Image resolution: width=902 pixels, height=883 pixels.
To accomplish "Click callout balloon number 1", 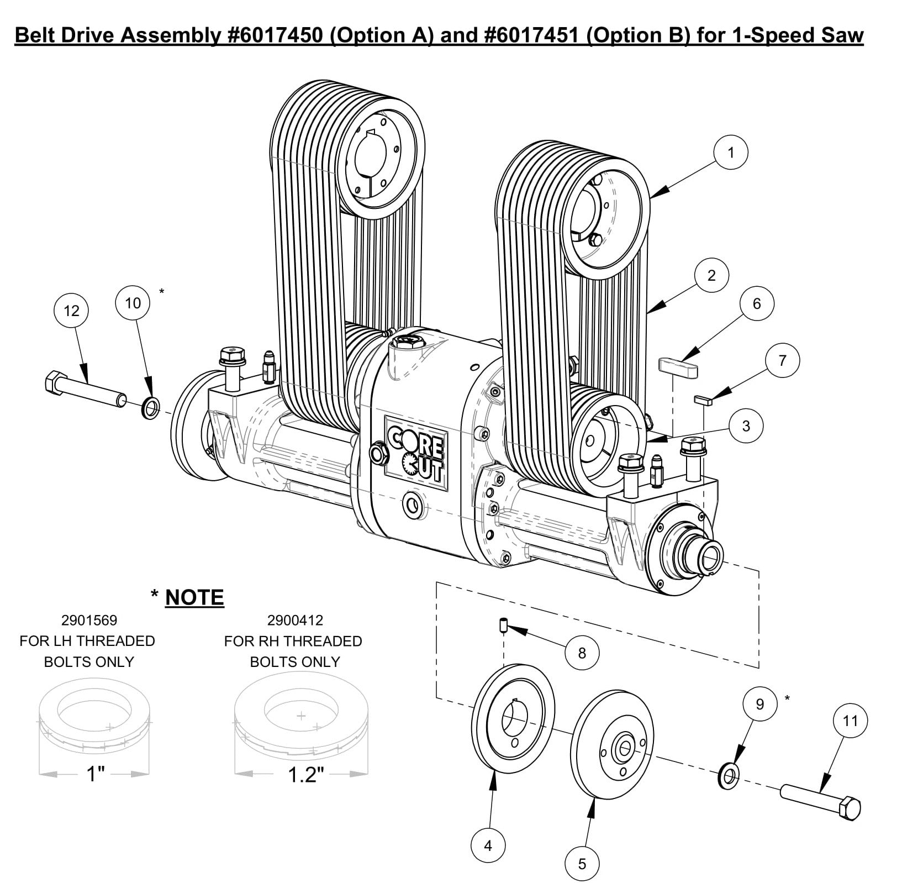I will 730,153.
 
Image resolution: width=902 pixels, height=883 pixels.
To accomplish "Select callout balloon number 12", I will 71,311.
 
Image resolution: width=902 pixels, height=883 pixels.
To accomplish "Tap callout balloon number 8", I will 581,653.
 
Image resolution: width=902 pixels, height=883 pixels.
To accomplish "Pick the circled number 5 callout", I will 582,864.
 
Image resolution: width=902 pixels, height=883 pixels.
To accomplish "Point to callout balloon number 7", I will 782,361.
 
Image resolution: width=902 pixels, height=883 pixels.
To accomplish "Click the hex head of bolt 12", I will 52,382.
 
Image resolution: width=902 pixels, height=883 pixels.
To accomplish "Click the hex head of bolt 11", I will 850,811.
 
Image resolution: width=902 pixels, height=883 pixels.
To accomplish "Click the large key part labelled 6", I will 678,366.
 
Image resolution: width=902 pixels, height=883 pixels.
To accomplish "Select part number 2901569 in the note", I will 89,620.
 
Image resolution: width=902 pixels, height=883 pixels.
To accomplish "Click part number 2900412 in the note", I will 295,620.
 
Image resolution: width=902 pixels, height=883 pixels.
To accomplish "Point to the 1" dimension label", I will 95,774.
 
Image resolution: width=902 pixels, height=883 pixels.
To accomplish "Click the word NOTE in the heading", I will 194,597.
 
